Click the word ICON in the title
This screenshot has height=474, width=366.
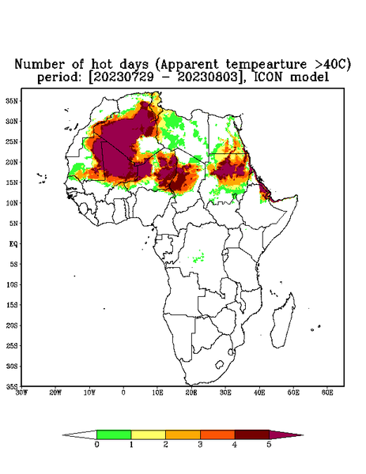pyautogui.click(x=268, y=77)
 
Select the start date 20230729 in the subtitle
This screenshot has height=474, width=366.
pyautogui.click(x=123, y=77)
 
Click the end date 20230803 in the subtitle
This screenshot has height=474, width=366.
pyautogui.click(x=207, y=77)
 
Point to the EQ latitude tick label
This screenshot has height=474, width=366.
pyautogui.click(x=13, y=243)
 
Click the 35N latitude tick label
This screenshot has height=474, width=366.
pyautogui.click(x=12, y=100)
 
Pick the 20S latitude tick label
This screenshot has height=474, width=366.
pyautogui.click(x=12, y=325)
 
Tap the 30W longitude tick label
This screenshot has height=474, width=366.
pyautogui.click(x=21, y=393)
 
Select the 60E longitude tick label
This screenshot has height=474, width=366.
pyautogui.click(x=327, y=393)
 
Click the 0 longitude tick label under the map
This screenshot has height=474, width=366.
pyautogui.click(x=123, y=393)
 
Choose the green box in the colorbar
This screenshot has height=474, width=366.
pyautogui.click(x=114, y=434)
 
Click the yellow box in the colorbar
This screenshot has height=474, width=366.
pyautogui.click(x=148, y=434)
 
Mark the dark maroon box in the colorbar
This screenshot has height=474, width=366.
pyautogui.click(x=252, y=434)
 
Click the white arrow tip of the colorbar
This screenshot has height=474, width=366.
pyautogui.click(x=63, y=435)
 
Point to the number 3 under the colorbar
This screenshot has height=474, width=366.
pyautogui.click(x=200, y=445)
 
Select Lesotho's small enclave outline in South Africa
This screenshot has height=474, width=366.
pyautogui.click(x=219, y=364)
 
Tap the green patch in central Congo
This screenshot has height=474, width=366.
pyautogui.click(x=198, y=257)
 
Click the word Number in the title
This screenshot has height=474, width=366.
pyautogui.click(x=40, y=64)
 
